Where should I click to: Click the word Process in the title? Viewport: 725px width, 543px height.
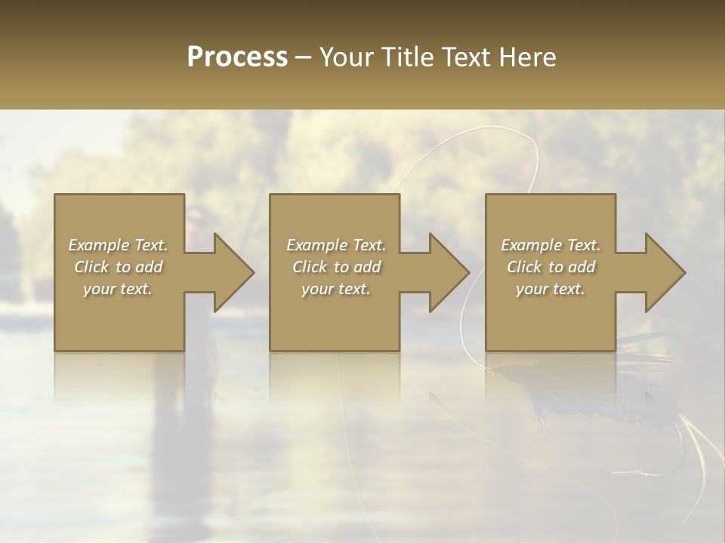237,57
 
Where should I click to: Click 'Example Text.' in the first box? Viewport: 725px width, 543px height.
118,245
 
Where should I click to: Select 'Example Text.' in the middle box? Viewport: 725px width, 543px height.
336,245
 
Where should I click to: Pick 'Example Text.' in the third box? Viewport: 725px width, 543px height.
551,245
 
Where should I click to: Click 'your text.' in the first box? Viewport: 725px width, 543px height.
118,289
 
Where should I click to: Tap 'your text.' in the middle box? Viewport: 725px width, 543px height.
336,289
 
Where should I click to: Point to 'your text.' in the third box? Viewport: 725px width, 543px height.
551,289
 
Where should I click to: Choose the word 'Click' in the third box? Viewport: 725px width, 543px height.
524,267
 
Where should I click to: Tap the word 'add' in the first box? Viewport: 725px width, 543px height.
148,267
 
